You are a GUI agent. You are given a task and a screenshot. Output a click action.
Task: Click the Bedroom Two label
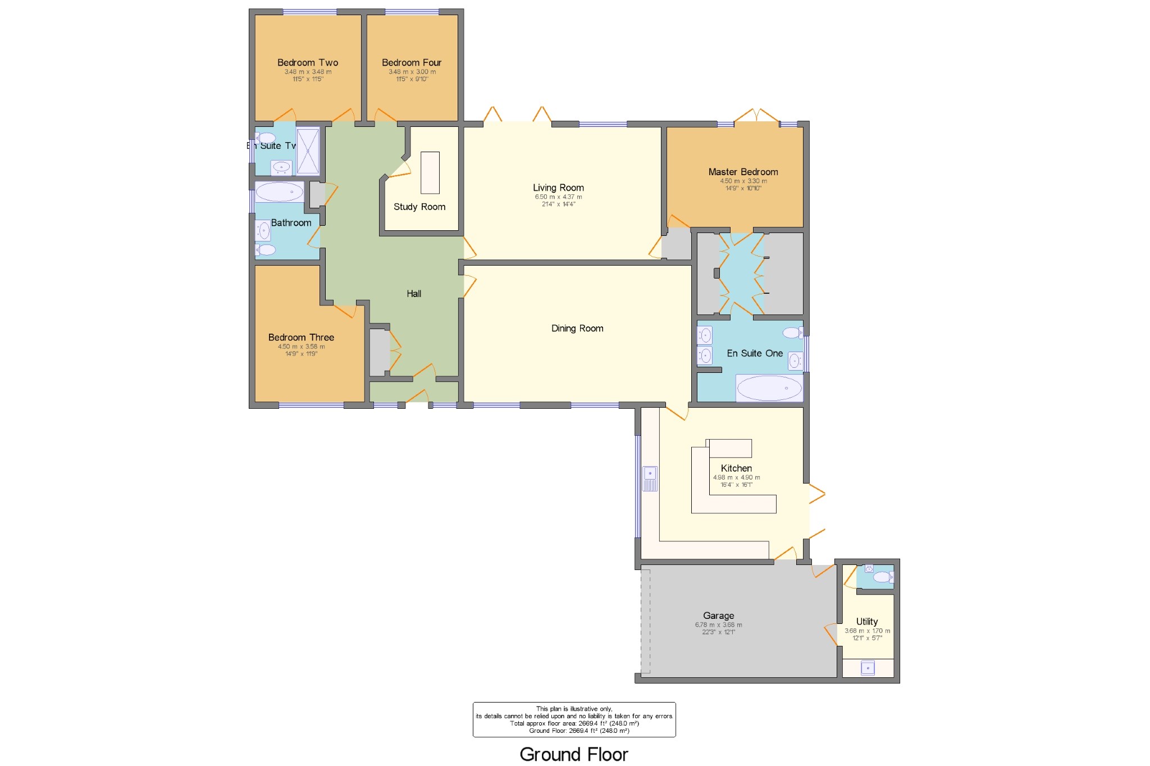[x=308, y=62]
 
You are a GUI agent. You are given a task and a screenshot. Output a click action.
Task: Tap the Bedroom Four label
[x=412, y=62]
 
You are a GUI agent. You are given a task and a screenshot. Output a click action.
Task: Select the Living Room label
[x=558, y=188]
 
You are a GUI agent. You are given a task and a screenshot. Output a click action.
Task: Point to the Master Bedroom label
[x=743, y=172]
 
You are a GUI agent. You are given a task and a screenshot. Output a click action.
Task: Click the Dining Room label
[x=577, y=329]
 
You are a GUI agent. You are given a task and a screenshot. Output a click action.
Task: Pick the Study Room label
[x=419, y=207]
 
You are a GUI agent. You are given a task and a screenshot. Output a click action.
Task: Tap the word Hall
[x=414, y=294]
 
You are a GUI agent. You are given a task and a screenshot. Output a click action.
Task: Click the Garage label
[x=718, y=615]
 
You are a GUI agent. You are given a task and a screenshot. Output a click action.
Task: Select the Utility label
[x=866, y=621]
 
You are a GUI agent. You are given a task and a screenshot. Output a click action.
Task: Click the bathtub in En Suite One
[x=769, y=387]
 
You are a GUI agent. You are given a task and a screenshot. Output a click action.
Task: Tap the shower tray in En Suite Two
[x=308, y=151]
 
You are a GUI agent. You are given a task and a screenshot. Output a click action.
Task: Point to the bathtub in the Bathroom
[x=279, y=192]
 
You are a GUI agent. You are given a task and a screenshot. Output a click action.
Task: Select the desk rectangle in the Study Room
[x=430, y=172]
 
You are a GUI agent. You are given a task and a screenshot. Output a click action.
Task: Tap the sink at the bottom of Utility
[x=868, y=668]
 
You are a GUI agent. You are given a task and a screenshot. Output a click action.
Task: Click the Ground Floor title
[x=573, y=754]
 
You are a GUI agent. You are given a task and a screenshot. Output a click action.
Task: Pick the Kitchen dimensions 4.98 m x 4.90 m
[x=736, y=477]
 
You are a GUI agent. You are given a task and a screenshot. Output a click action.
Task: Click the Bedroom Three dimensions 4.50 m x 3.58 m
[x=301, y=346]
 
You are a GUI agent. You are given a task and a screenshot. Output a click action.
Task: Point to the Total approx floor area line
[x=574, y=723]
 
